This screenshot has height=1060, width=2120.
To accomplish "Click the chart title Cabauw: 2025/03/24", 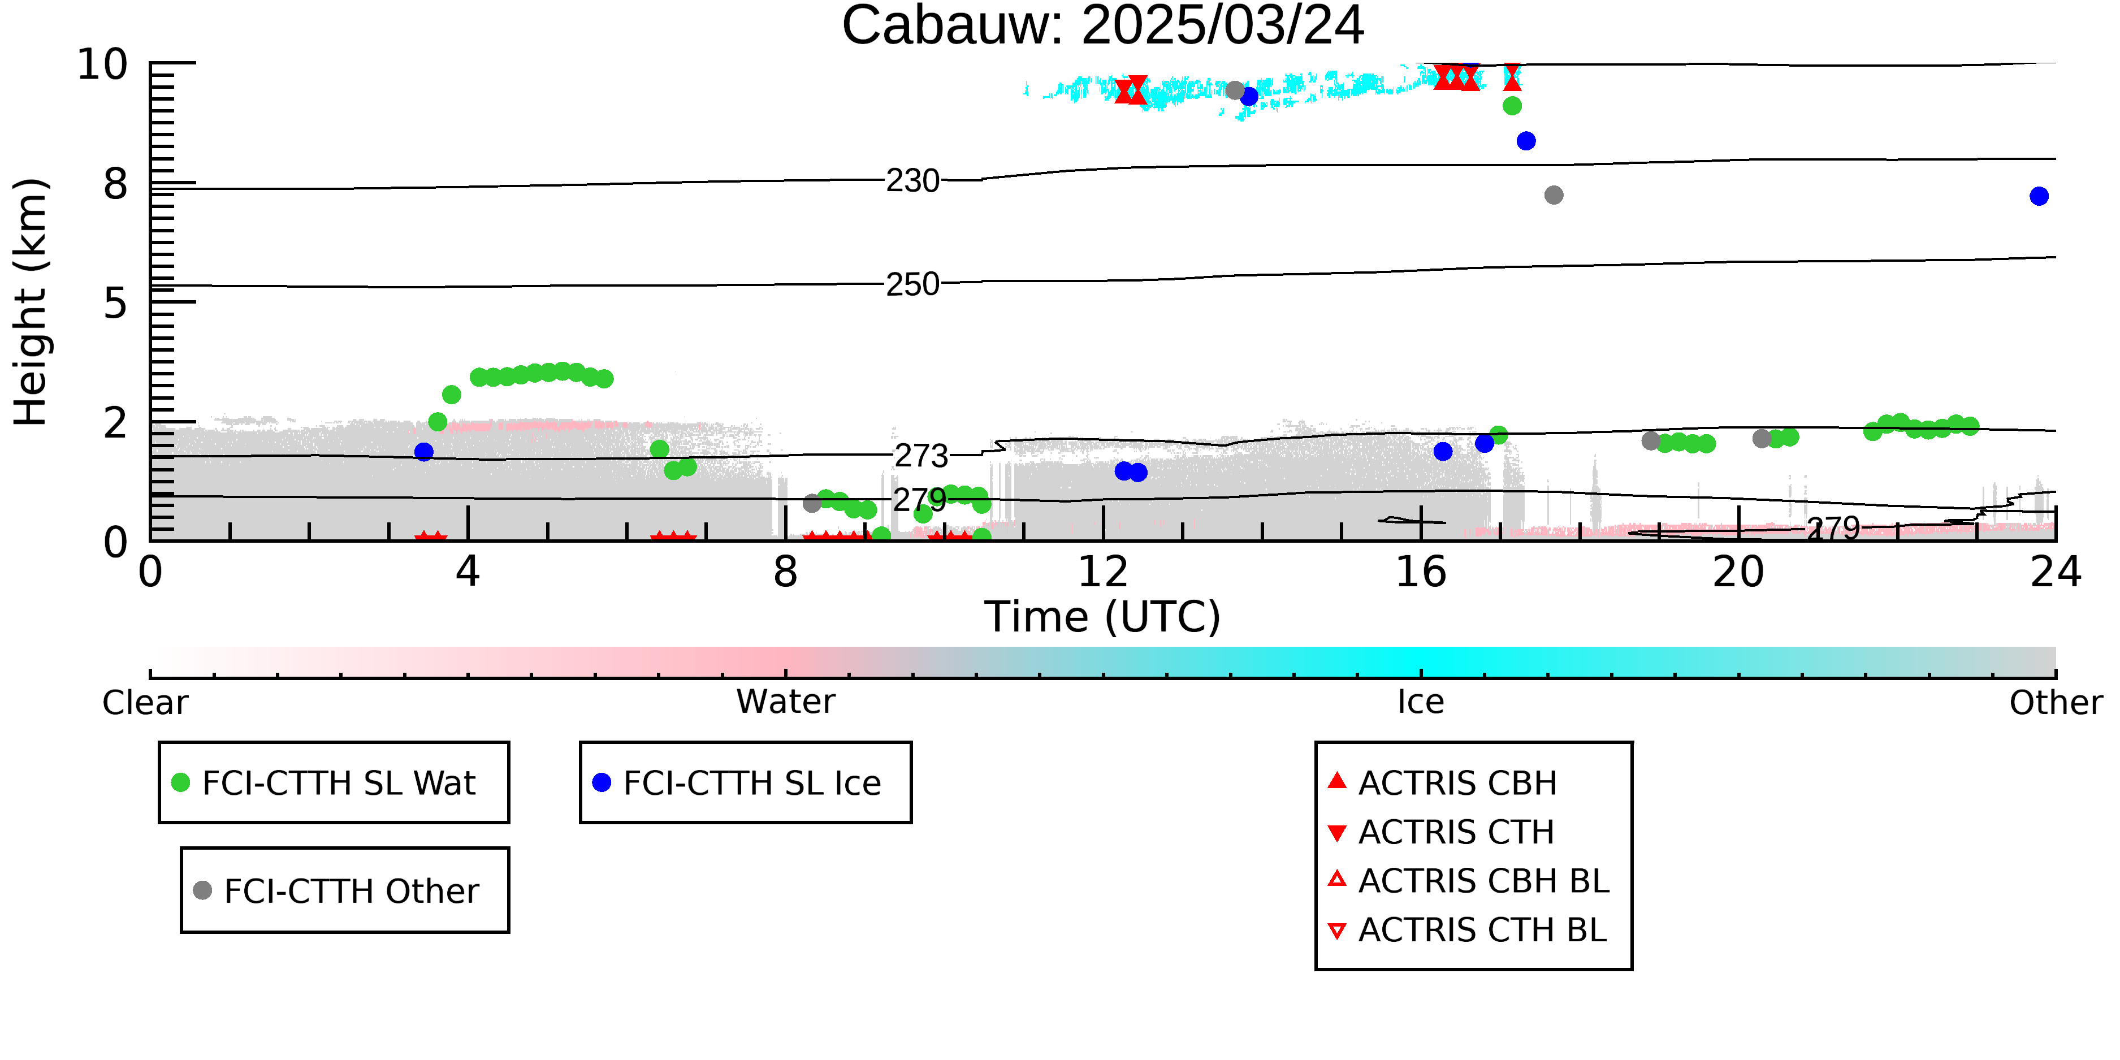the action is [1103, 27].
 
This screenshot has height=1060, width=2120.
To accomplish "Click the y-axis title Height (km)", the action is [31, 302].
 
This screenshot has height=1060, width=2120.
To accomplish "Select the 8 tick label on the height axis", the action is [116, 184].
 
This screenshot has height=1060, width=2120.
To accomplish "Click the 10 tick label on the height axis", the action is [102, 64].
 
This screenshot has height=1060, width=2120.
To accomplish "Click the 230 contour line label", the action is [912, 180].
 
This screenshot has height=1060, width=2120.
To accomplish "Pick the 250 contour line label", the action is [912, 284].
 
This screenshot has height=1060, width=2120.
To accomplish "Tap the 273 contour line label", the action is [921, 455].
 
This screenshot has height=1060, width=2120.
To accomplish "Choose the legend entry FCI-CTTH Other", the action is [336, 890].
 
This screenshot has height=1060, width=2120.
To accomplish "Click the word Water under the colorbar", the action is [786, 702].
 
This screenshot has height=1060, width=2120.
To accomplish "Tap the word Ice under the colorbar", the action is [1421, 702].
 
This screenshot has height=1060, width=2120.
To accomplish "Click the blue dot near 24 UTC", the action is [2039, 196].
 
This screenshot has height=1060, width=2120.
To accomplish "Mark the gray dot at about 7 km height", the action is [1554, 195].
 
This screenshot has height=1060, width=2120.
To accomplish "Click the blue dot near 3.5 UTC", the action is [424, 452].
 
